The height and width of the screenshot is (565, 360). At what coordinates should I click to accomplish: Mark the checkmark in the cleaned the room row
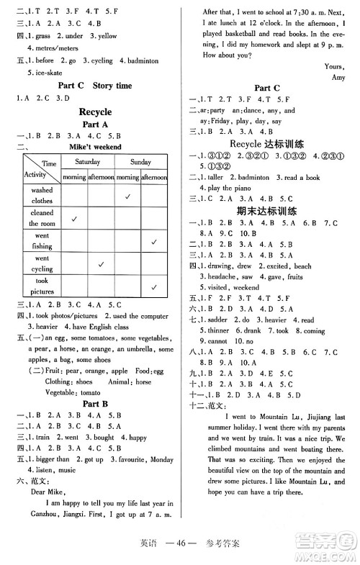[74, 218]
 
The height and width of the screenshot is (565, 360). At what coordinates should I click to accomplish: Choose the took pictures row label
[42, 286]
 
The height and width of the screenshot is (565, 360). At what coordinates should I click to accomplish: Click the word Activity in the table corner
[35, 175]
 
